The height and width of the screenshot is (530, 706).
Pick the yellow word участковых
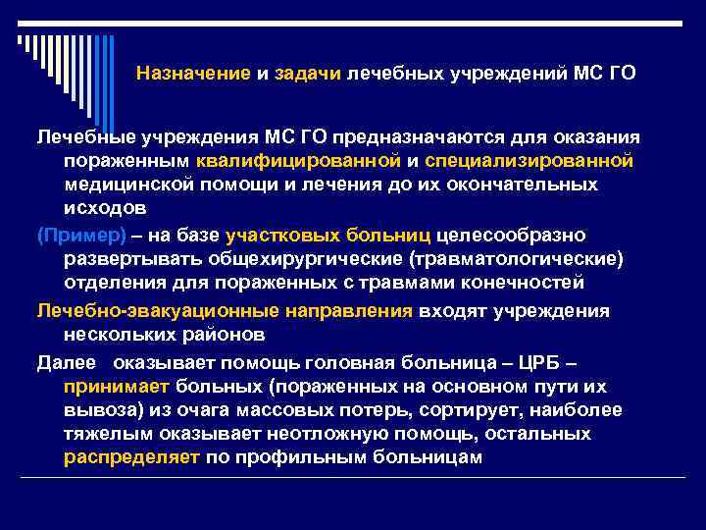(x=284, y=235)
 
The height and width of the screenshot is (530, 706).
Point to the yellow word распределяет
(x=132, y=458)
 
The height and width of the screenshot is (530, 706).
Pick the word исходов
(x=105, y=209)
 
